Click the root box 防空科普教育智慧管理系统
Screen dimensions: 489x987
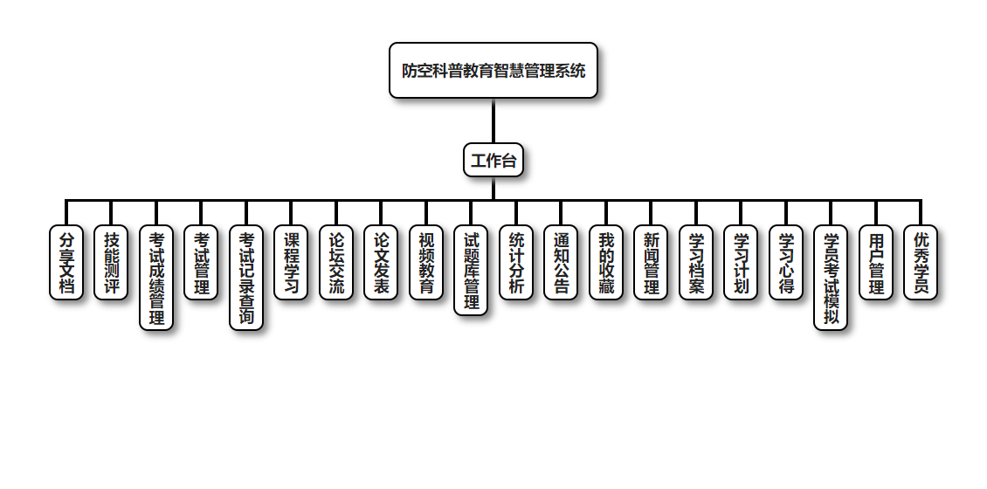[x=493, y=71]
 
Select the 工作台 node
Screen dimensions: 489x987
[x=493, y=161]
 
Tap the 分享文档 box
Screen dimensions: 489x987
[x=66, y=263]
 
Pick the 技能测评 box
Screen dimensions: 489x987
[x=111, y=263]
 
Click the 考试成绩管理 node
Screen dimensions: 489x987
[x=156, y=279]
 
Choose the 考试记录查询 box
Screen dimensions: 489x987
[x=246, y=279]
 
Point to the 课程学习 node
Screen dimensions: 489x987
[x=291, y=263]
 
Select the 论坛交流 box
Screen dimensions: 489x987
[x=336, y=263]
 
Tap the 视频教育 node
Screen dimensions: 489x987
[x=426, y=263]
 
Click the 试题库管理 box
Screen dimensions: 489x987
[x=471, y=271]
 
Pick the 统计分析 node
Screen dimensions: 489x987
[x=516, y=263]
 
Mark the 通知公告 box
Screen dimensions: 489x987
[x=561, y=263]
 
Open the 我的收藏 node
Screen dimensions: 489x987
[x=606, y=263]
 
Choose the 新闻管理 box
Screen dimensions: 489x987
[x=651, y=263]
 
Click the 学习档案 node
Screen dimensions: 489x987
[x=696, y=263]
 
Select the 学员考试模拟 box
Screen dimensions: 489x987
[x=831, y=279]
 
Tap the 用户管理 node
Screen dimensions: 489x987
[x=876, y=263]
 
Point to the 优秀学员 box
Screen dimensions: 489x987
[x=921, y=263]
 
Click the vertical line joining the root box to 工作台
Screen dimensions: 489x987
[x=493, y=121]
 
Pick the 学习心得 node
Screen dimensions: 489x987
[x=786, y=263]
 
